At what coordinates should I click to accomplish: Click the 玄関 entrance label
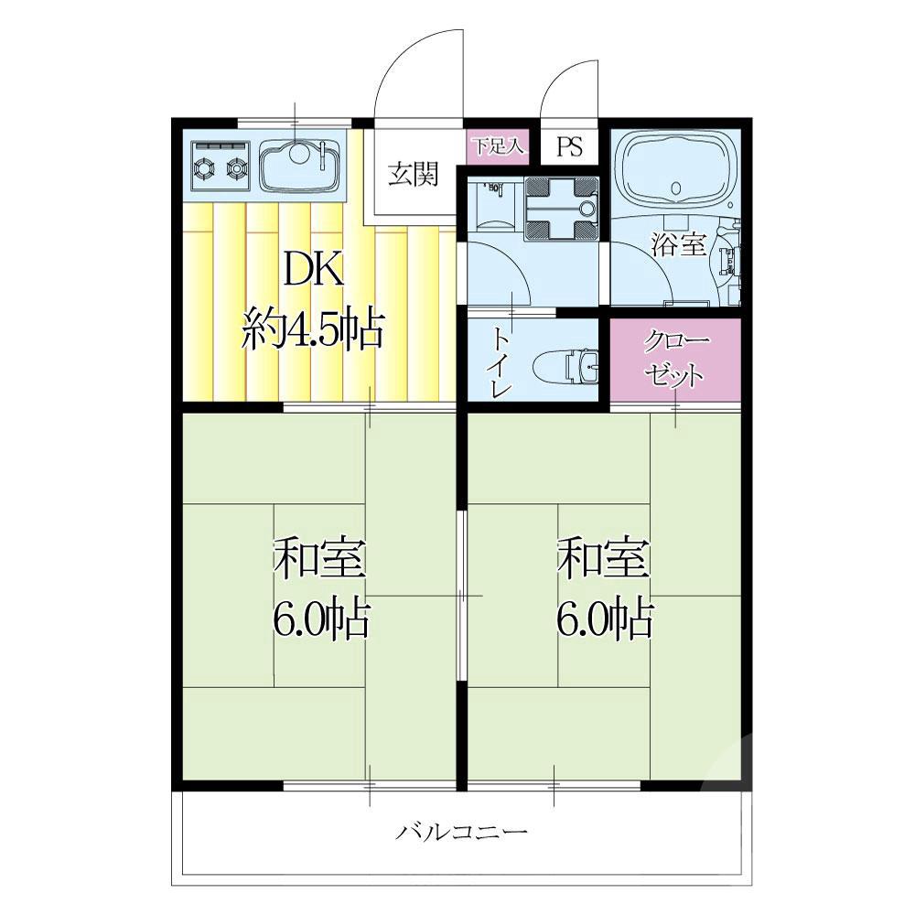coord(414,173)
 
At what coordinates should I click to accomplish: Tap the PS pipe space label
coord(569,146)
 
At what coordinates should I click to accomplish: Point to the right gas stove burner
coord(237,168)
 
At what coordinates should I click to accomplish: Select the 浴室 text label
coord(679,244)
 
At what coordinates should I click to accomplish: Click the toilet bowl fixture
coord(565,365)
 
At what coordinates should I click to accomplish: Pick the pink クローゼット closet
coord(675,360)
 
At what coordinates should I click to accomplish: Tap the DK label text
coord(313,272)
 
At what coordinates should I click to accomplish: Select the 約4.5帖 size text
coord(313,329)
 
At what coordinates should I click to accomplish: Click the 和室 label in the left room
coord(319,558)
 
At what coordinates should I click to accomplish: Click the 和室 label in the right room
coord(603,558)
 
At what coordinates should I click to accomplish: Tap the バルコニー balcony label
coord(461,831)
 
